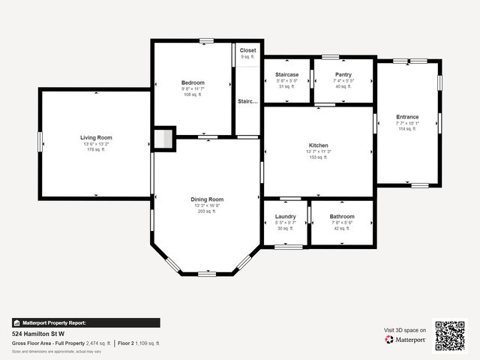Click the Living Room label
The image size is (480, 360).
tap(96, 137)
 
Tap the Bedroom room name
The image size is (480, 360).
tap(193, 82)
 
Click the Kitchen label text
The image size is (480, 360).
tap(319, 145)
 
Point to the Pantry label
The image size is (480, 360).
tap(343, 74)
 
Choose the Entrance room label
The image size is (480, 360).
tap(407, 116)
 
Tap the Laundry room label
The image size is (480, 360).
tap(286, 217)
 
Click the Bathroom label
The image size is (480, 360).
tap(341, 217)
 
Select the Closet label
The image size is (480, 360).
tap(247, 50)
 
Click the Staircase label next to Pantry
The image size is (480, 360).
tap(286, 74)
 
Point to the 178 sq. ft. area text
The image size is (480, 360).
tap(96, 150)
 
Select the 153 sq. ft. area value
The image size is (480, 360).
tap(319, 157)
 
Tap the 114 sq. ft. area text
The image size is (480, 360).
tap(407, 129)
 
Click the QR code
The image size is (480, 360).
tap(450, 335)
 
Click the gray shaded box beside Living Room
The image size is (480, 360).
tap(163, 139)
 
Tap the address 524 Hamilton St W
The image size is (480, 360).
tap(38, 334)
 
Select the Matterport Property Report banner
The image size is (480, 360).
tap(85, 322)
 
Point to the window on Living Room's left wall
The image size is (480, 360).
tap(40, 141)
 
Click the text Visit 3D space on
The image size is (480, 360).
tap(405, 330)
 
